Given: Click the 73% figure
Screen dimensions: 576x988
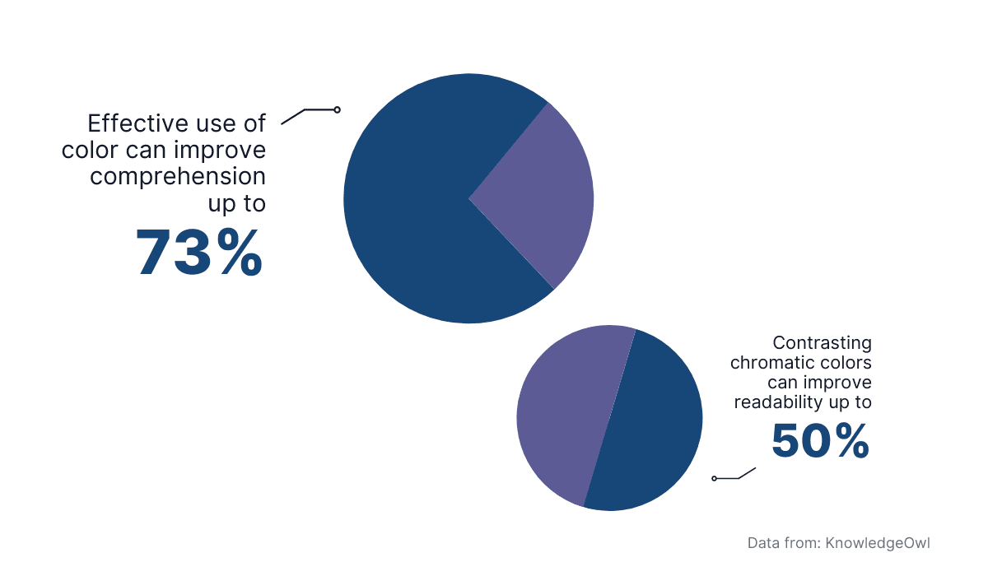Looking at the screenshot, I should (x=199, y=253).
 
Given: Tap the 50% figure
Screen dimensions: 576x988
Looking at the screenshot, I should (x=820, y=442).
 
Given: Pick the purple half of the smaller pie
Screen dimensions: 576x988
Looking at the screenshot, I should (x=560, y=411).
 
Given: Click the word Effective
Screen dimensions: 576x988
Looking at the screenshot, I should (x=135, y=123).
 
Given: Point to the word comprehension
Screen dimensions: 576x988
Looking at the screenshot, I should (x=178, y=176).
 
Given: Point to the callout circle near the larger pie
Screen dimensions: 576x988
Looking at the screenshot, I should (x=337, y=109).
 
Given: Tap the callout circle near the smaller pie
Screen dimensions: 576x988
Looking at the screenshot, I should (x=714, y=478).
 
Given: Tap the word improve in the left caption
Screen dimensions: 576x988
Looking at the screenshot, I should (x=227, y=151).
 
